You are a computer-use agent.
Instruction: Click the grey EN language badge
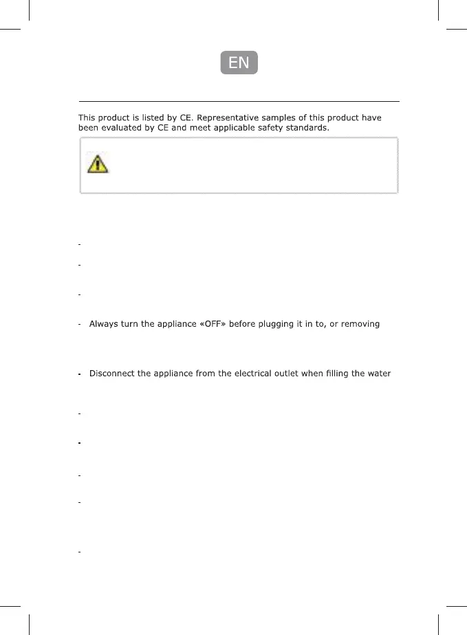239,63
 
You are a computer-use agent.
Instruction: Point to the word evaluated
121,129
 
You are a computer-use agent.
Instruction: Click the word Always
105,323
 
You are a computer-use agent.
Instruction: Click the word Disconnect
112,374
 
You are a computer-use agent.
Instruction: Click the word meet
193,129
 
